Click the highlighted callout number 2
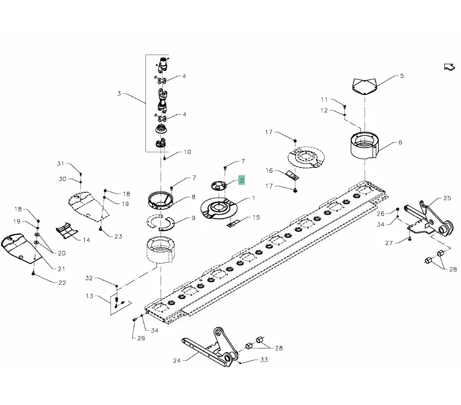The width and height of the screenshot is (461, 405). [242, 180]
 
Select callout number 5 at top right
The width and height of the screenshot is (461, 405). [402, 76]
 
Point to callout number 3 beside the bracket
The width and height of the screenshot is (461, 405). [119, 93]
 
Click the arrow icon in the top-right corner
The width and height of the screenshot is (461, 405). [448, 67]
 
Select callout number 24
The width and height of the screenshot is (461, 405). [177, 361]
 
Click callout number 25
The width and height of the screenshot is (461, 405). [447, 198]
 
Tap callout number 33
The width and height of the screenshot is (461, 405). [264, 360]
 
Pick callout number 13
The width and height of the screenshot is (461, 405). [89, 296]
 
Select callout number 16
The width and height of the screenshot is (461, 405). [269, 171]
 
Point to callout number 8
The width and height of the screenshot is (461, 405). [193, 197]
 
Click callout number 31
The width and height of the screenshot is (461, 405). [61, 163]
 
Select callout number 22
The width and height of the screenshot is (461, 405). [62, 283]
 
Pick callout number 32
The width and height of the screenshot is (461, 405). [89, 278]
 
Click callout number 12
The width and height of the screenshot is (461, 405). [324, 111]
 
